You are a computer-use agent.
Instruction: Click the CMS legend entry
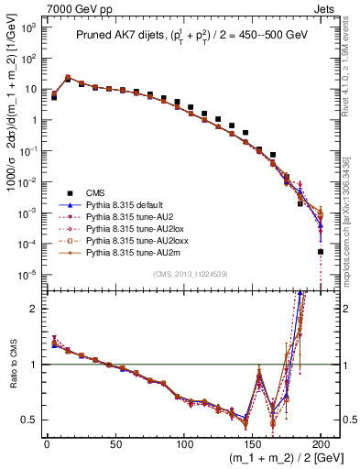point(96,193)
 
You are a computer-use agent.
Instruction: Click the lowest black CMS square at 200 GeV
point(321,251)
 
